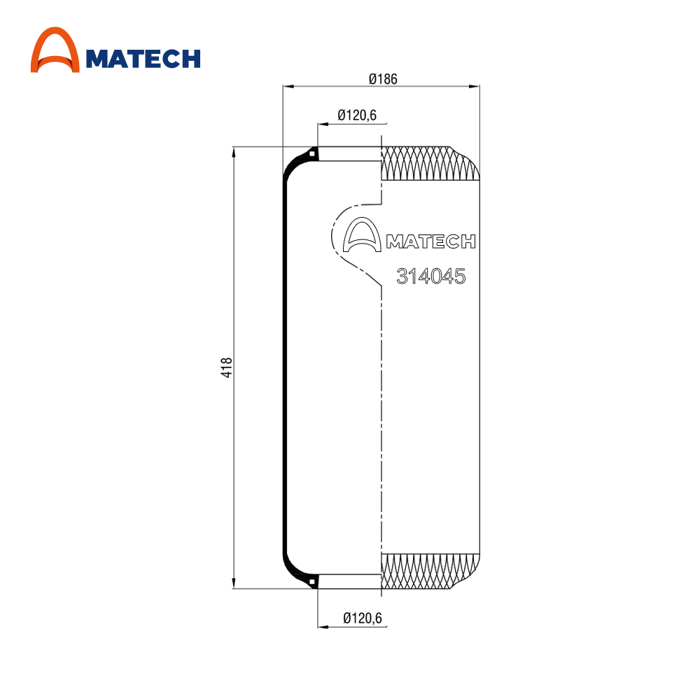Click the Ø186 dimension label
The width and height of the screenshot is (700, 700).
[383, 79]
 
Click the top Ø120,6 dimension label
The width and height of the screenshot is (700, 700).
[357, 115]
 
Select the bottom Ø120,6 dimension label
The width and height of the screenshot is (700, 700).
[363, 618]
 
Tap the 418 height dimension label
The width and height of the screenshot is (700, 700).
[226, 367]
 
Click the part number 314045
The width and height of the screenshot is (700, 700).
[430, 276]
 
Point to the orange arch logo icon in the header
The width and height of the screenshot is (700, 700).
[55, 50]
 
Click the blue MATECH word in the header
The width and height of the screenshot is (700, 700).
[143, 59]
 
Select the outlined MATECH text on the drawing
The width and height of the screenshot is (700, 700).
[430, 241]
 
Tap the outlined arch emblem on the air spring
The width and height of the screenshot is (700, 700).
[362, 234]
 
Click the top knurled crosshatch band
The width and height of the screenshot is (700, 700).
[430, 163]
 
